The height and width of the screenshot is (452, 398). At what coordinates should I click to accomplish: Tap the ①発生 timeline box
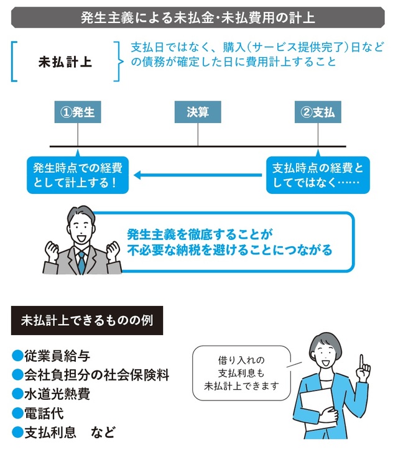[78, 113]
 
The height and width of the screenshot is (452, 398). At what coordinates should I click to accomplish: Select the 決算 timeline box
[198, 113]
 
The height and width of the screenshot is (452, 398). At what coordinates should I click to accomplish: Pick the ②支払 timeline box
[318, 113]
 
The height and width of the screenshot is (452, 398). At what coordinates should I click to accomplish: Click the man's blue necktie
[81, 261]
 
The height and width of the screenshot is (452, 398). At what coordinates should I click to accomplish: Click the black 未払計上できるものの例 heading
[87, 321]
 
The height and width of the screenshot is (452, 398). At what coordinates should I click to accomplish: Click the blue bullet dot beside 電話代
[17, 413]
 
